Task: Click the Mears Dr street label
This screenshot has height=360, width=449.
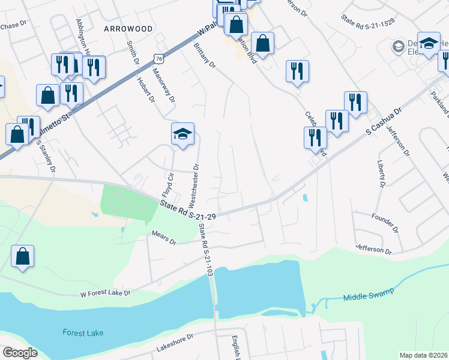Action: click(164, 239)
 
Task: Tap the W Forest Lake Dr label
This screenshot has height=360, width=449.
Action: click(105, 293)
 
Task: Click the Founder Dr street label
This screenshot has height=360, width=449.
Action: click(385, 223)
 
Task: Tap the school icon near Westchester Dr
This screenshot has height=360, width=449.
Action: click(182, 133)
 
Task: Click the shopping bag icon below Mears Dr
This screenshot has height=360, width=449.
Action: click(22, 256)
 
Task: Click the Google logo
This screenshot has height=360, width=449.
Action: click(20, 353)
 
